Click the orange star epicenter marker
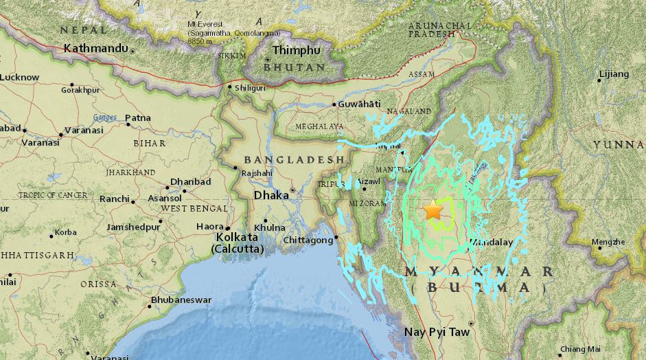pyautogui.click(x=433, y=210)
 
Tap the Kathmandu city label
pyautogui.click(x=95, y=48)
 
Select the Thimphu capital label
pyautogui.click(x=296, y=50)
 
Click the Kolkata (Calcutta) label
pyautogui.click(x=237, y=243)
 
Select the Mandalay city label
pyautogui.click(x=493, y=243)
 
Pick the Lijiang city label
pyautogui.click(x=614, y=74)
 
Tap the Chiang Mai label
pyautogui.click(x=580, y=349)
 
